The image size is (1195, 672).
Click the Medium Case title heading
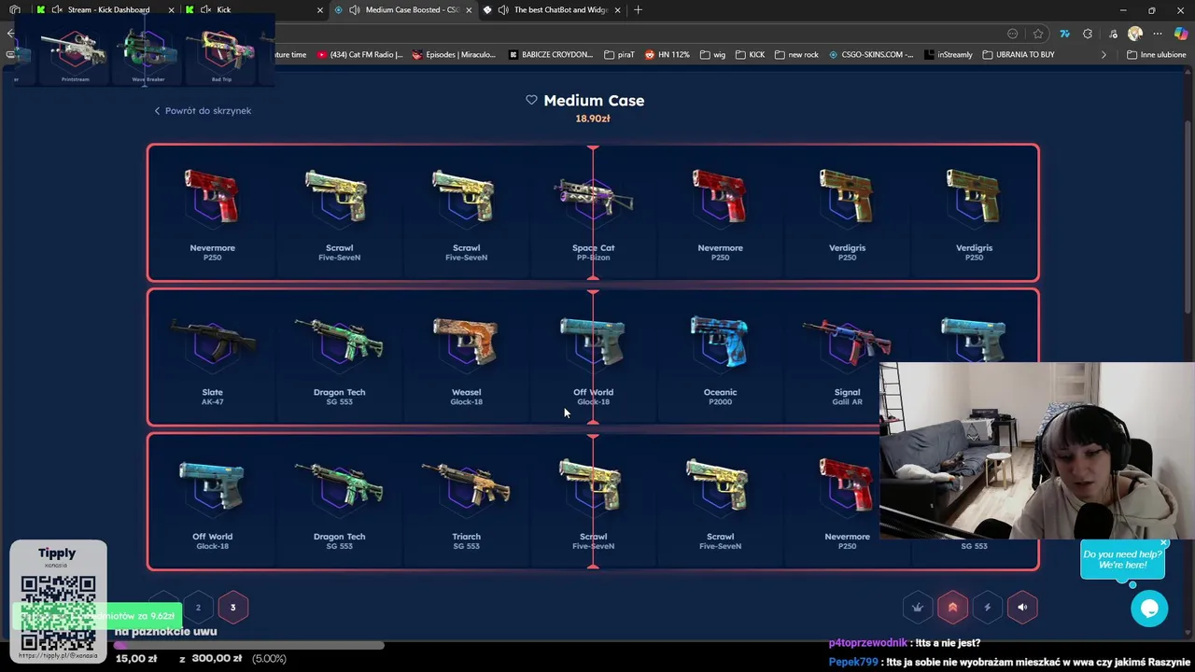point(594,101)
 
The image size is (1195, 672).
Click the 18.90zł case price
point(593,119)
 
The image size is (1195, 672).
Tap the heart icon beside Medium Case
point(531,100)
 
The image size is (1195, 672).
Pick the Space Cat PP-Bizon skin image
point(593,197)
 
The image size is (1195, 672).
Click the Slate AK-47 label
point(212,397)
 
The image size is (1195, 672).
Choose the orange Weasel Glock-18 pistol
point(466,341)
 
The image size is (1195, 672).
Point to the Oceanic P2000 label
point(720,397)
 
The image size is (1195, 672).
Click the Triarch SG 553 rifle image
point(466,483)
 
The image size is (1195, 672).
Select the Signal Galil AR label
point(847,397)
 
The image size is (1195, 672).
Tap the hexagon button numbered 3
point(232,608)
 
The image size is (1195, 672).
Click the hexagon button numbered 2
point(198,608)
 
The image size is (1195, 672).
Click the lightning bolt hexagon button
point(987,608)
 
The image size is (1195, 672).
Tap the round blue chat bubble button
point(1149,609)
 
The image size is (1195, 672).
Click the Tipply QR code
point(58,611)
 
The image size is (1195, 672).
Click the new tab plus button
point(638,9)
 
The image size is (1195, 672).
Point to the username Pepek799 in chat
point(853,662)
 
